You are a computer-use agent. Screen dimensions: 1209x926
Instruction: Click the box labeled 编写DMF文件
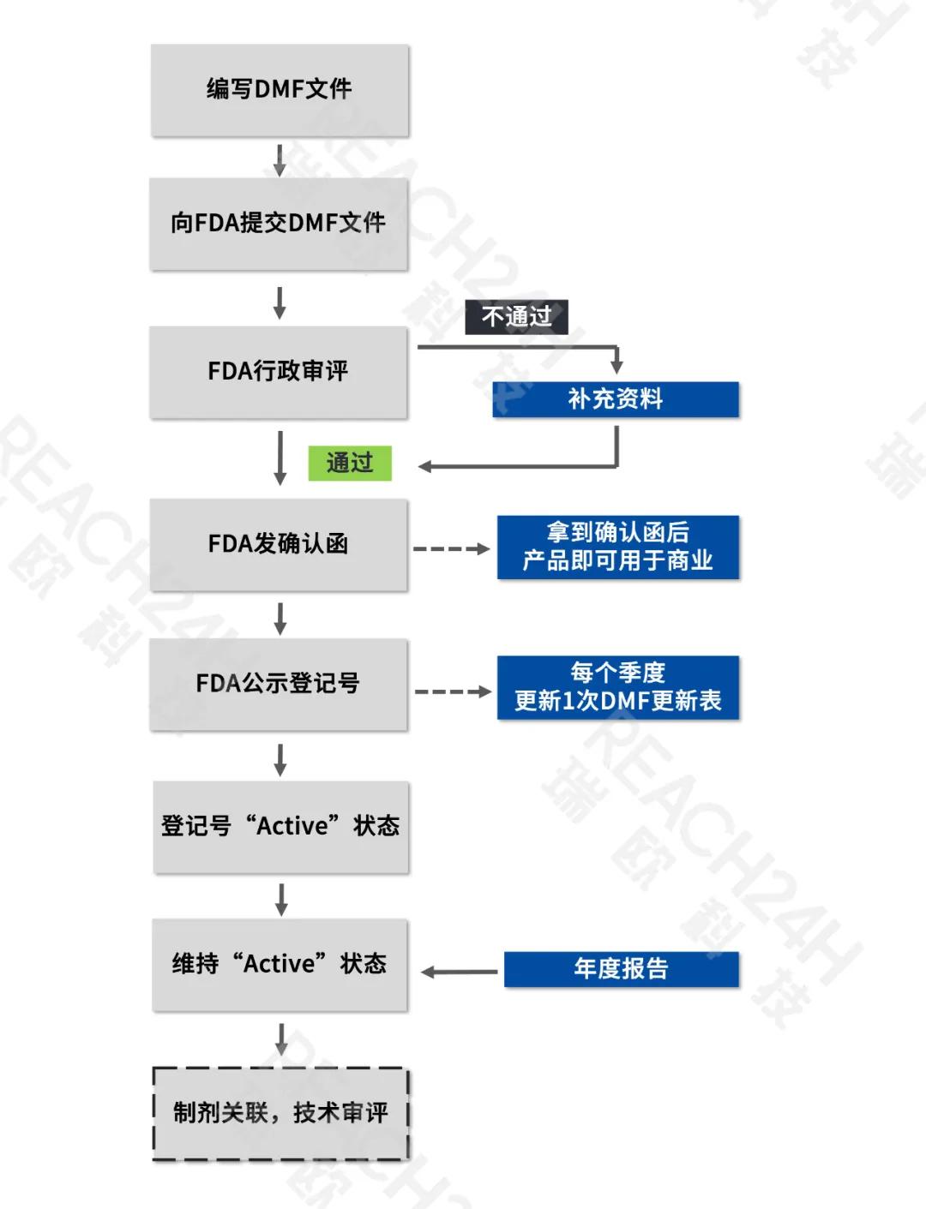[280, 89]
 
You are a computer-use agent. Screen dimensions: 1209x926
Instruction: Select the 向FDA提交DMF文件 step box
[279, 224]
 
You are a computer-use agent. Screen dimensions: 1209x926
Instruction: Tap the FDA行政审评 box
[279, 372]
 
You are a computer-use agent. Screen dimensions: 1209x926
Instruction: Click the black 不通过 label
[516, 317]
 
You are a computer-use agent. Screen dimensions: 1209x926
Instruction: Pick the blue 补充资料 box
[615, 399]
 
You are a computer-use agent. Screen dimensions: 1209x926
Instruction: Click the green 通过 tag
[350, 464]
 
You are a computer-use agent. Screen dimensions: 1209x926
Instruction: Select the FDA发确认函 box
[279, 544]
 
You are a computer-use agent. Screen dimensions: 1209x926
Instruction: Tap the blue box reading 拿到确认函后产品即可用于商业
[617, 547]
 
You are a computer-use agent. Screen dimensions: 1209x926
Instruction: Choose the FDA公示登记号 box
[279, 684]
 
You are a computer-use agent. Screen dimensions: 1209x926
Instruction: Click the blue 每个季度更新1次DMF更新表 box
[617, 687]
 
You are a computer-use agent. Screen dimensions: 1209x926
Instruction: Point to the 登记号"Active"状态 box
[281, 826]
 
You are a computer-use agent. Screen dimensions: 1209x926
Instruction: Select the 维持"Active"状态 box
[280, 965]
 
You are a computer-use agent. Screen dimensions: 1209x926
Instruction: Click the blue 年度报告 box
[621, 969]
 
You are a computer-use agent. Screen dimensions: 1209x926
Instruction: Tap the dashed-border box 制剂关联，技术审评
[280, 1113]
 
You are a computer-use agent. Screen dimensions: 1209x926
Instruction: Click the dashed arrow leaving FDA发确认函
[451, 548]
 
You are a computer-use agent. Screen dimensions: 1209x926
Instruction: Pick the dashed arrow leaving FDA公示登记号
[453, 691]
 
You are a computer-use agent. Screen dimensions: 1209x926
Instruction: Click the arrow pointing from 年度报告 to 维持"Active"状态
[460, 973]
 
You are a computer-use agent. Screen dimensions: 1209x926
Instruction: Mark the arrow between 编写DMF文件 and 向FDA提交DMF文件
[280, 160]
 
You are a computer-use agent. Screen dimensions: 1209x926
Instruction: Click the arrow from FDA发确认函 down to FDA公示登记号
[280, 619]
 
